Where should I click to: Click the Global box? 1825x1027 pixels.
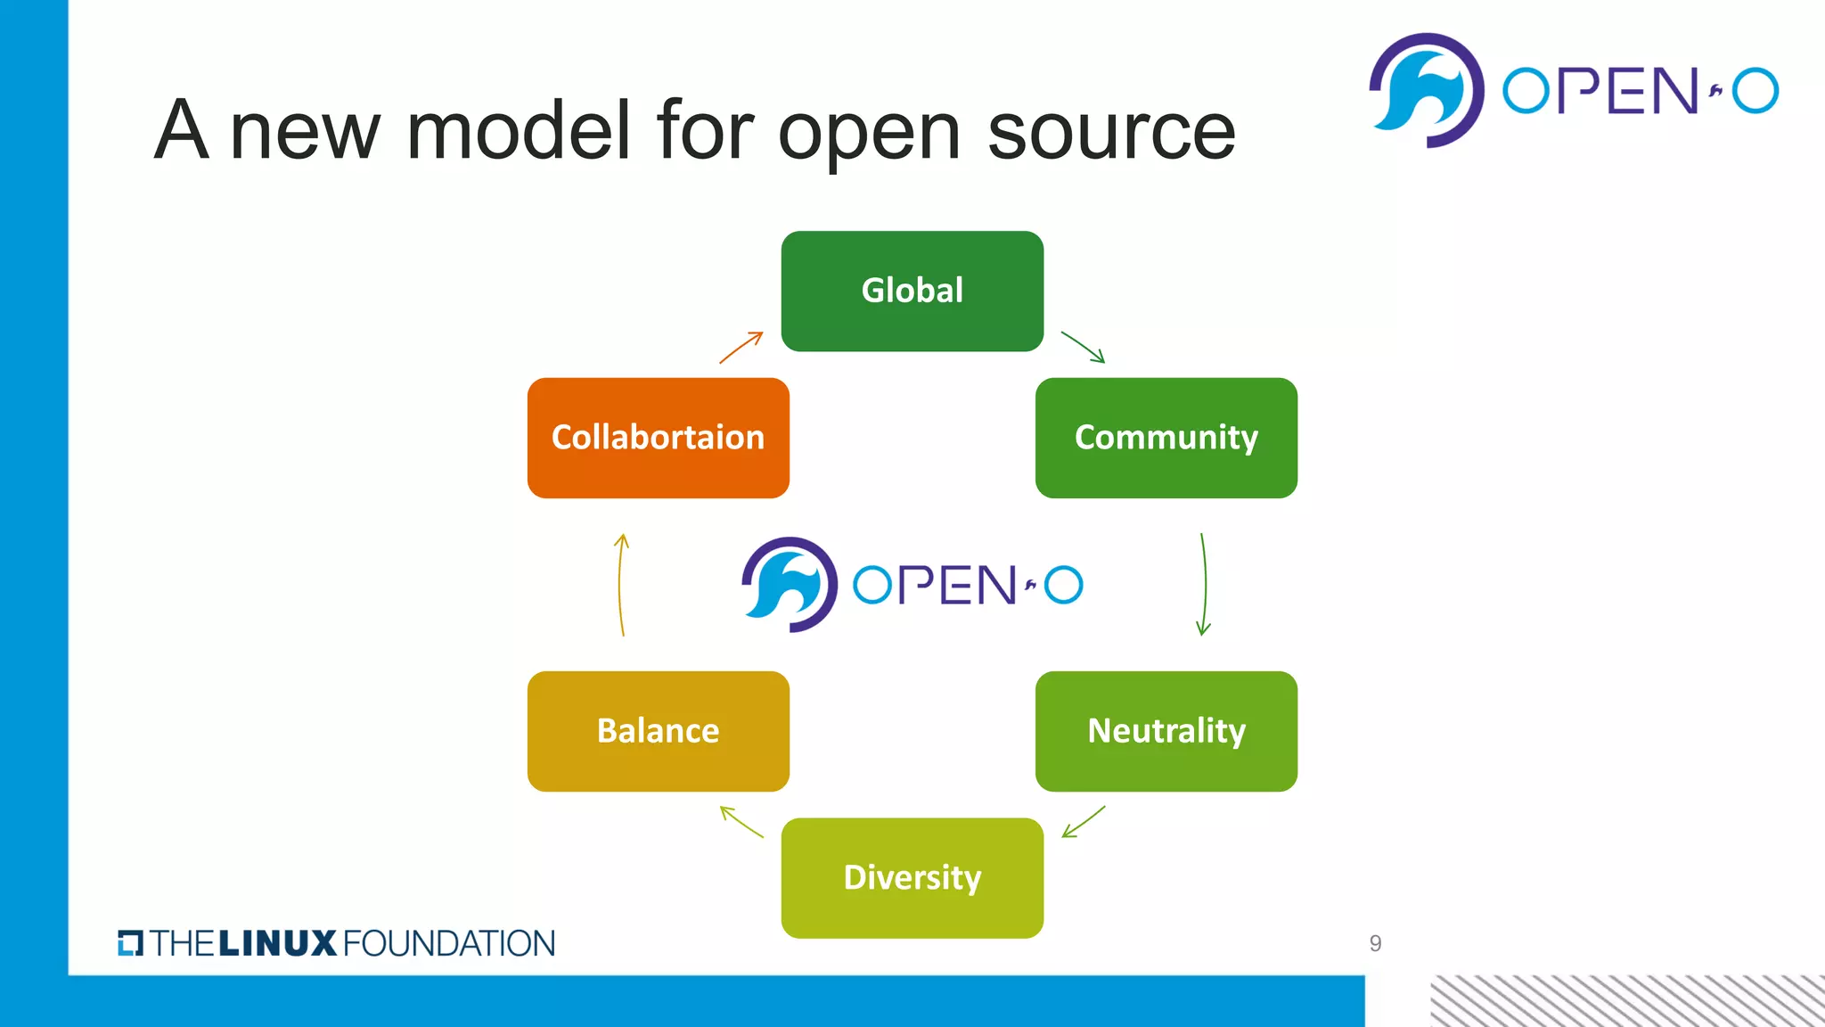[x=912, y=291]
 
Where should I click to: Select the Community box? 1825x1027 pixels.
[x=1166, y=438]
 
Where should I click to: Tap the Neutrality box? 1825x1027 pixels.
[x=1166, y=731]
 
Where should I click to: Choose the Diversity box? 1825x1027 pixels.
[x=912, y=877]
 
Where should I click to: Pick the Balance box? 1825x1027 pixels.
[x=658, y=731]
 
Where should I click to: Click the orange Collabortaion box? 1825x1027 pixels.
[x=658, y=438]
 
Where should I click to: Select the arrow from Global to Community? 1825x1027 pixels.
[x=1083, y=347]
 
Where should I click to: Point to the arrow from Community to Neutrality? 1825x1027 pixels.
[x=1204, y=584]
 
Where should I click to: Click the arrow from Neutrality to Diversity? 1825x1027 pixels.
[x=1084, y=821]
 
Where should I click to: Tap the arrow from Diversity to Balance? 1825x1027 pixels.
[x=741, y=821]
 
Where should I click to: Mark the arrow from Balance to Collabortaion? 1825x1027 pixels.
[x=621, y=584]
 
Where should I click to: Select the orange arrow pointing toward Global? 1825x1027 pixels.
[x=741, y=347]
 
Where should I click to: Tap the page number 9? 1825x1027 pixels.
[x=1375, y=943]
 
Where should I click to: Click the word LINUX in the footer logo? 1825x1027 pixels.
[x=277, y=943]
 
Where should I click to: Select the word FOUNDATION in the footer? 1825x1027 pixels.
[x=448, y=943]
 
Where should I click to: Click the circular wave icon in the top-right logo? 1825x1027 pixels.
[x=1426, y=91]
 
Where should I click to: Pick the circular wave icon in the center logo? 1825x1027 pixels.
[x=790, y=585]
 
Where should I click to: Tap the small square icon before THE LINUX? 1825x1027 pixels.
[x=130, y=943]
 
